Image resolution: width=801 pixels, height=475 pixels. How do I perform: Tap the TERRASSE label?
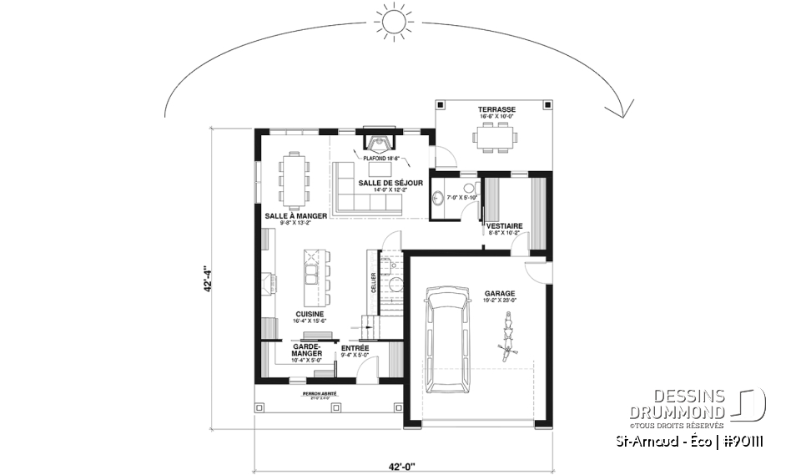point(496,109)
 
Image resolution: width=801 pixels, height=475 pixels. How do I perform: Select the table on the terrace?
point(496,135)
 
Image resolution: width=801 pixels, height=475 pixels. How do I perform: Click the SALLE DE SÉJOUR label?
point(390,182)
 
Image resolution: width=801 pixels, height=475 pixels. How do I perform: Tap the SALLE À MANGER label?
point(288,215)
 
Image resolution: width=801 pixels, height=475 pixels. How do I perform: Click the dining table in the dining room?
point(295,179)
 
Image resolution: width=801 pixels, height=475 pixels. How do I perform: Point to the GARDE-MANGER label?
point(305,352)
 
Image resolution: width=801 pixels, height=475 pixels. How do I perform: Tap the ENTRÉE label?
point(355,348)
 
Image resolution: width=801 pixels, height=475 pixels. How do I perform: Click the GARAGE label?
point(499,293)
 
